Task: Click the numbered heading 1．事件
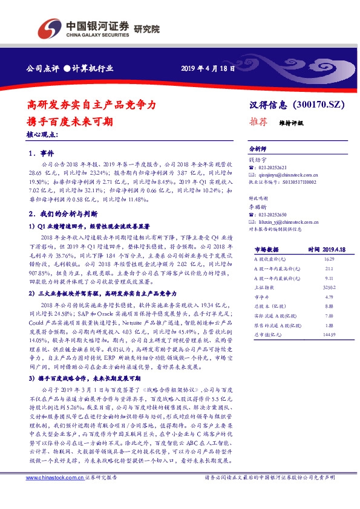(42, 153)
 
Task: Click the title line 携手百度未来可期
(70, 121)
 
